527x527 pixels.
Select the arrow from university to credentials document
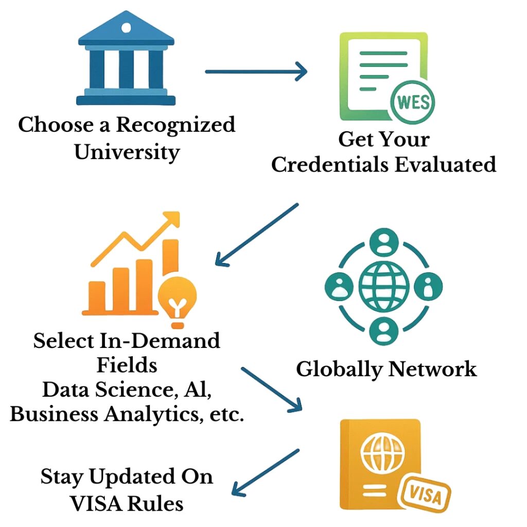(256, 72)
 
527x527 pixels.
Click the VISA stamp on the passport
(425, 497)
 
